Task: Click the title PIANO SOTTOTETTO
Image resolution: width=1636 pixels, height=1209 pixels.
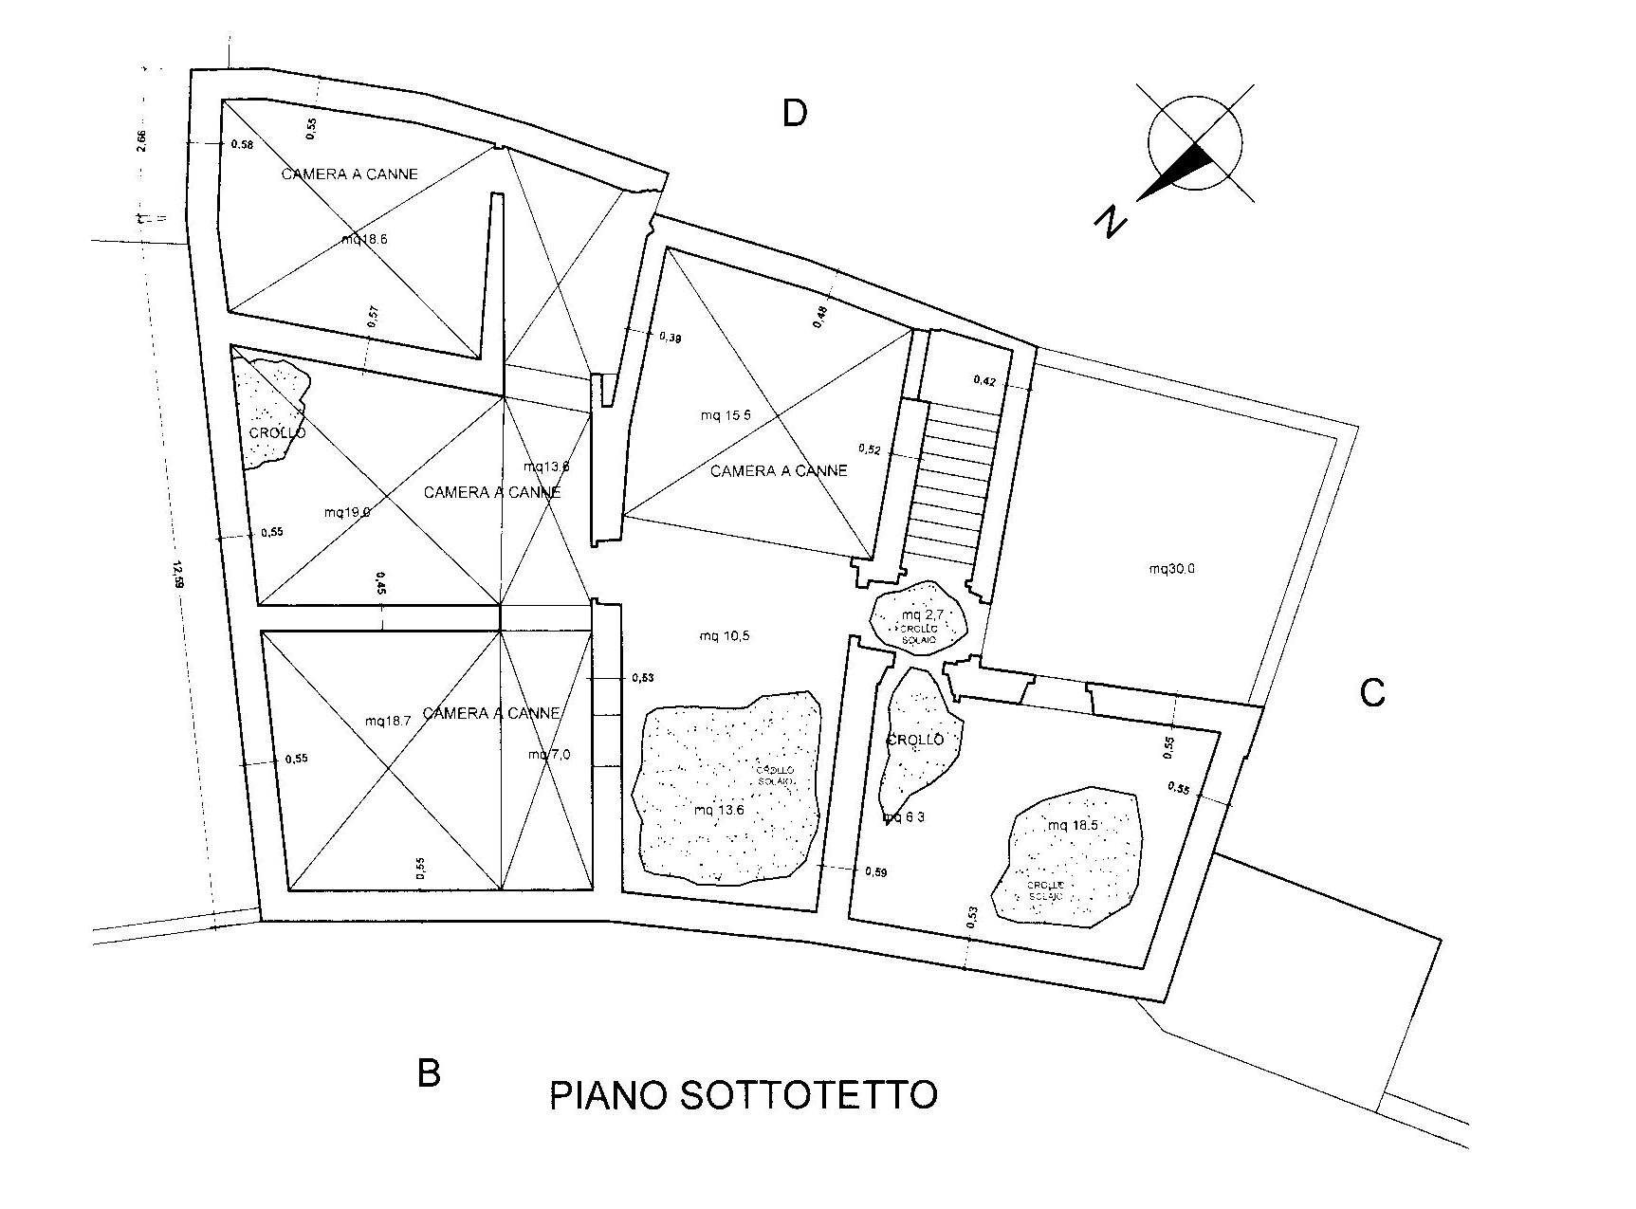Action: [x=744, y=1095]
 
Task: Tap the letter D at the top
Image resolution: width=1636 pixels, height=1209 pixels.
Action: [x=794, y=114]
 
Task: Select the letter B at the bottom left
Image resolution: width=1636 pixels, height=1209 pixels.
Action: [x=429, y=1074]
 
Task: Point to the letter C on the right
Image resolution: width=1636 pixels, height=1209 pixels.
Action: [x=1371, y=694]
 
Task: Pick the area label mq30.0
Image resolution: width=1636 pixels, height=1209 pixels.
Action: [x=1172, y=569]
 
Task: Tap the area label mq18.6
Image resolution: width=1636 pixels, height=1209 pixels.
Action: [x=364, y=240]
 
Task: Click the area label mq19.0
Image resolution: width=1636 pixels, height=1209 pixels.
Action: [x=347, y=512]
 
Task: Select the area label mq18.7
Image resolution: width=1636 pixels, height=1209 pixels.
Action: [x=388, y=721]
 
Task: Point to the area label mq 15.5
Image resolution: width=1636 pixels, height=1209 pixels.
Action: [x=726, y=415]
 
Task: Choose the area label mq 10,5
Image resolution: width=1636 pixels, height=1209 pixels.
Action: [x=725, y=636]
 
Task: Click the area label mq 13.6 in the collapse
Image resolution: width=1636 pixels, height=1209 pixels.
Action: [x=719, y=810]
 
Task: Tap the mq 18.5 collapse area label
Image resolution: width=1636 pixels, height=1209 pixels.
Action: [x=1073, y=825]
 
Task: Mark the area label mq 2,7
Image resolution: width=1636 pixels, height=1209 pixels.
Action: [x=919, y=614]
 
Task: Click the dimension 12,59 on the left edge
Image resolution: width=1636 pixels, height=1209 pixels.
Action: [x=177, y=575]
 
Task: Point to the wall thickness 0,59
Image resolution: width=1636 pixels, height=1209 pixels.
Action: [x=875, y=872]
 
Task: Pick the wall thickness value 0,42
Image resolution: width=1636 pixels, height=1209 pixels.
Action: [x=984, y=381]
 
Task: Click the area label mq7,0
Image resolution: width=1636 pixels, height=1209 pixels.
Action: [x=549, y=755]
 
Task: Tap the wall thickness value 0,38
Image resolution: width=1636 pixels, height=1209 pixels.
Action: [x=670, y=337]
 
